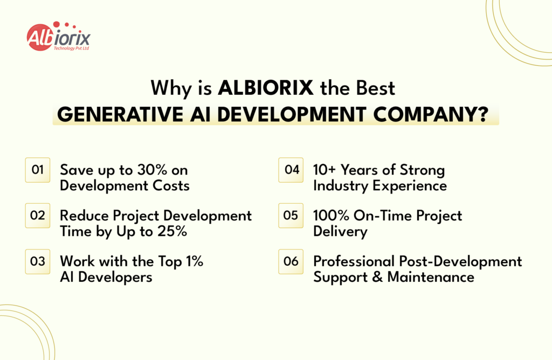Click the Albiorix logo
pyautogui.click(x=59, y=37)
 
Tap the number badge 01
pyautogui.click(x=38, y=170)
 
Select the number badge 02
pyautogui.click(x=38, y=216)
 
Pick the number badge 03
pyautogui.click(x=38, y=261)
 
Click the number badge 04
pyautogui.click(x=291, y=170)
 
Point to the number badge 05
pyautogui.click(x=291, y=216)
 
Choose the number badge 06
pyautogui.click(x=291, y=261)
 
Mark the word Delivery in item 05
pyautogui.click(x=340, y=232)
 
